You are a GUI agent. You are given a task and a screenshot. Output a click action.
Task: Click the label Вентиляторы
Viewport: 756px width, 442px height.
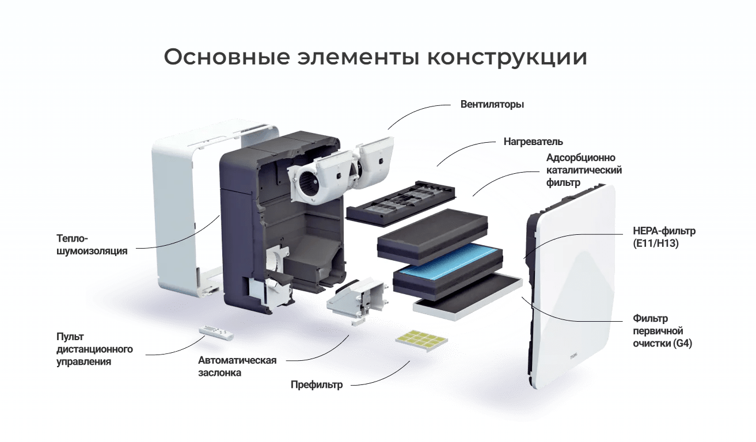(492, 105)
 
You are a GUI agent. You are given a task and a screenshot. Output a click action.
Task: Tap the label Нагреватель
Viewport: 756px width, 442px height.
(533, 142)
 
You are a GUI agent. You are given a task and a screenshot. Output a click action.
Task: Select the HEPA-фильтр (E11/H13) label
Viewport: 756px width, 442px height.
(664, 237)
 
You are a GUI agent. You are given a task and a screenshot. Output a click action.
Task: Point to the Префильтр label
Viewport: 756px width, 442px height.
(317, 384)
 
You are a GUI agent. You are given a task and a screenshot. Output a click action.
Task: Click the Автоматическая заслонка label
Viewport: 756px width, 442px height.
(237, 367)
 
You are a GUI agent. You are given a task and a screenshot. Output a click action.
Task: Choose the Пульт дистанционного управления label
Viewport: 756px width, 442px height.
(94, 349)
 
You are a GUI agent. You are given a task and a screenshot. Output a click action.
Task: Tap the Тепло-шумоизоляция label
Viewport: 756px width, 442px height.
(92, 245)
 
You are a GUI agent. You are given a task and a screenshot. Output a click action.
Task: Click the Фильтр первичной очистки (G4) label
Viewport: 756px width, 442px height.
(662, 331)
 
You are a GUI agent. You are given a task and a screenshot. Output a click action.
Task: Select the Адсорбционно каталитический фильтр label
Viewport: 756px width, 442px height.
(584, 170)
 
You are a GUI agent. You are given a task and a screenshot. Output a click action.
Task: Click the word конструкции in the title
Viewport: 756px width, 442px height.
(507, 57)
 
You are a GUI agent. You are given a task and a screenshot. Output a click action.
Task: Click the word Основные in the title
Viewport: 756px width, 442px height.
(227, 57)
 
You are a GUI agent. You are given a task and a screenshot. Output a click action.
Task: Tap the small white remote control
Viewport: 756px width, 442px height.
(216, 333)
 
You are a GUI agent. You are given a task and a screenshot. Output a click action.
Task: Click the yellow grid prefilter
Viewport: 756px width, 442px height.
(421, 341)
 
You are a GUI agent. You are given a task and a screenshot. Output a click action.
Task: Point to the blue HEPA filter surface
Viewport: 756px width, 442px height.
(448, 262)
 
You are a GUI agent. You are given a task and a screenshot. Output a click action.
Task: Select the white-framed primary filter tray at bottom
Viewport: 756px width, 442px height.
(468, 297)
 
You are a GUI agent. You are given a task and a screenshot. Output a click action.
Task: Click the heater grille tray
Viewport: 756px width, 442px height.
(401, 203)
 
